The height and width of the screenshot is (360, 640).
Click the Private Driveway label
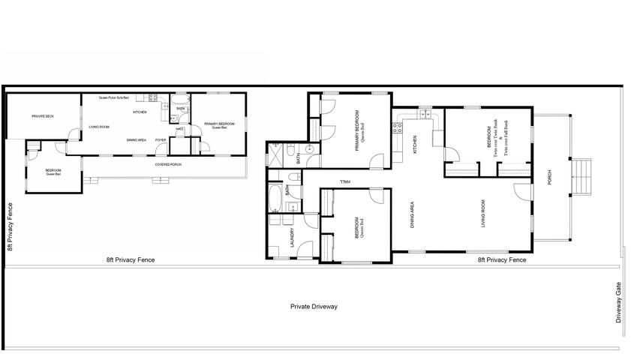(x=314, y=307)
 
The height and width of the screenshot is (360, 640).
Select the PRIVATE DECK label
(x=43, y=116)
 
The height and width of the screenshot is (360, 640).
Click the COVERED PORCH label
(x=168, y=164)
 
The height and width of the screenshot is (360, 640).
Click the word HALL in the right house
(x=344, y=181)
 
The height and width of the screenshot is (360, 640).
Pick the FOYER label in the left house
(x=161, y=140)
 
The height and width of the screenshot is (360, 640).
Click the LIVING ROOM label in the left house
(x=100, y=127)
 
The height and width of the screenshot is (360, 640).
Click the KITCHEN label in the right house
(x=415, y=144)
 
